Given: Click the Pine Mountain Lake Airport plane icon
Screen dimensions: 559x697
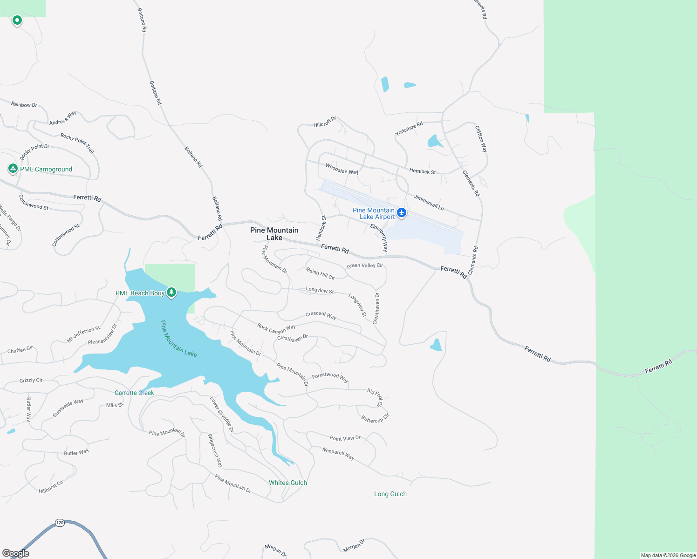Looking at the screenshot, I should coord(402,213).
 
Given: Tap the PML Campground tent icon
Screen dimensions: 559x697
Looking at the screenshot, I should coord(13,169).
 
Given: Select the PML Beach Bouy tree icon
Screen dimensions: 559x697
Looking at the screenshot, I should coord(171,293).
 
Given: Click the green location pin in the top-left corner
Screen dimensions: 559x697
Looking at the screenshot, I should coord(17,20).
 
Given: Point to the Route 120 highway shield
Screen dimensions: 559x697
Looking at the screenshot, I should coord(60,523).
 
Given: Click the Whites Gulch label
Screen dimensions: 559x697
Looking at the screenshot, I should coord(288,483).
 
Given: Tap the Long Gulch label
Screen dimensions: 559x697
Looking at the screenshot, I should coord(390,494).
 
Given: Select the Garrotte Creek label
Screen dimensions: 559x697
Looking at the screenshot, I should coord(134,393).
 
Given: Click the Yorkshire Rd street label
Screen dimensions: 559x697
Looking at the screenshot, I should coord(409,129).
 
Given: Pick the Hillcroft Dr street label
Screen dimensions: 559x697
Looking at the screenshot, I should coord(325,122).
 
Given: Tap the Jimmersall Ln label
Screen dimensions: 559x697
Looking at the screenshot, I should coord(429,202).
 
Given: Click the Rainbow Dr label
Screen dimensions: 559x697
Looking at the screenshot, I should coord(24,105).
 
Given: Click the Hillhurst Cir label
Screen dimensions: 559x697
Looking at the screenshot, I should coord(51,487).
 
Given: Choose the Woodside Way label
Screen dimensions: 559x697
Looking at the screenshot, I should coord(342,169).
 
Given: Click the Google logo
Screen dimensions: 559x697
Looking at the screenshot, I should coord(16,553).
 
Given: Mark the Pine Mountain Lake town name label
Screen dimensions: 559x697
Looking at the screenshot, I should coord(274,234).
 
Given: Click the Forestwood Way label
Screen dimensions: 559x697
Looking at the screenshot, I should coord(330,377).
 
